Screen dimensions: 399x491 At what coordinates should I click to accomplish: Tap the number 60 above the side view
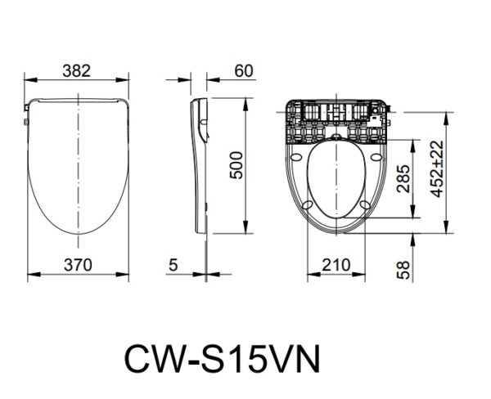tap(243, 70)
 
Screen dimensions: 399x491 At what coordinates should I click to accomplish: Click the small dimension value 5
tap(173, 263)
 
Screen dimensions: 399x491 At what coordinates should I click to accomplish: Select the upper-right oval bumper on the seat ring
tap(374, 159)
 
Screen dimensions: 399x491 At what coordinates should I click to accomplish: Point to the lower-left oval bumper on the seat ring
tap(308, 205)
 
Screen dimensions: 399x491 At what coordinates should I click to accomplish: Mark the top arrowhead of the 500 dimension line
tap(247, 101)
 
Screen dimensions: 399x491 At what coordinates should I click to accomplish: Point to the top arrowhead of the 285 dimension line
tap(414, 140)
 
